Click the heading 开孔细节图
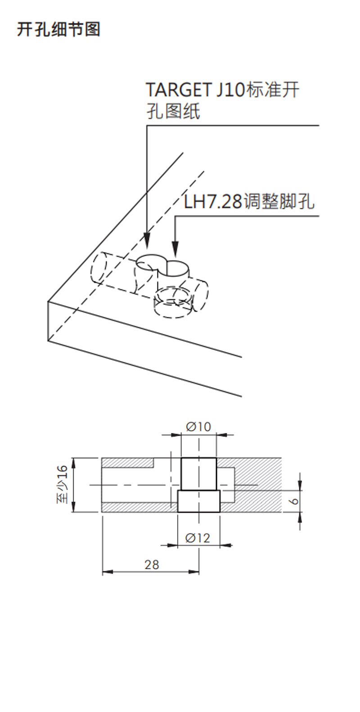tap(58, 29)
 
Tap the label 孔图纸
tap(173, 112)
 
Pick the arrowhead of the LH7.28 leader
tap(175, 248)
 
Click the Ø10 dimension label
tap(198, 427)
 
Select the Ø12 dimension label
tap(198, 538)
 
